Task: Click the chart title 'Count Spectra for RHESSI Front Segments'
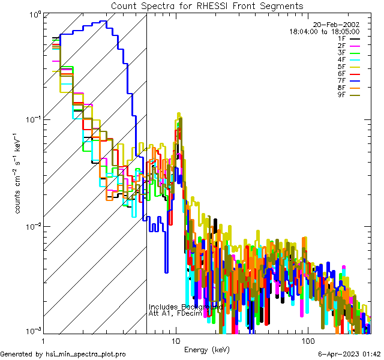click(207, 5)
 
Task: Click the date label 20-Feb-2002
click(335, 24)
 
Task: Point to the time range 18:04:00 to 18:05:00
click(324, 31)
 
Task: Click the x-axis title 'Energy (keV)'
click(207, 349)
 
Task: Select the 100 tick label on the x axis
click(307, 340)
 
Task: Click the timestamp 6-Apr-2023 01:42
click(348, 354)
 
